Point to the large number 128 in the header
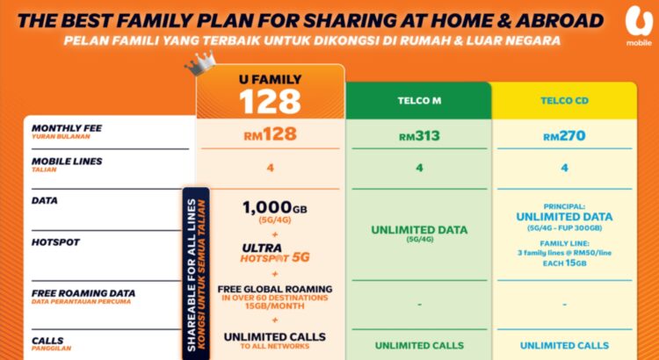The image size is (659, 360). [x=271, y=101]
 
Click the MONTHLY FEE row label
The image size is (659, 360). [x=67, y=128]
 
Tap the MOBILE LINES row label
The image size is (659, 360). [x=67, y=162]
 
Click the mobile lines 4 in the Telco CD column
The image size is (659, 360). [x=562, y=168]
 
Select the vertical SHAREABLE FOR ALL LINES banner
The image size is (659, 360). [x=192, y=272]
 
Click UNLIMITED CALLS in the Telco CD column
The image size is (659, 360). [x=562, y=345]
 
